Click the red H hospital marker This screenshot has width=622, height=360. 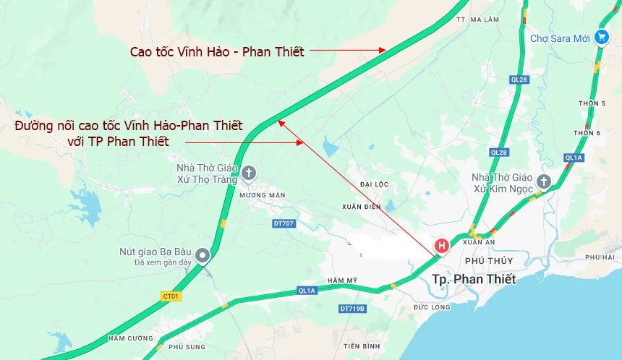point(440,246)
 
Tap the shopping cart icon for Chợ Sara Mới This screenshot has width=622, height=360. point(601,38)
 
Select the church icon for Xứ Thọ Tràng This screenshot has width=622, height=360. point(249,173)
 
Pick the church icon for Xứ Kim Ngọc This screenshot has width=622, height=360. point(544,182)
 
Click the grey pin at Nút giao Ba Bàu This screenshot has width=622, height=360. point(203,255)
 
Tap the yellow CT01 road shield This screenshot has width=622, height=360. point(171,296)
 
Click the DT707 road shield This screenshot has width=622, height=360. point(284,223)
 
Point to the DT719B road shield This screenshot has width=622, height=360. point(352,309)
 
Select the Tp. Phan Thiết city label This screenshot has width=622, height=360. point(474,279)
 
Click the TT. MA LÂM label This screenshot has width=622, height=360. point(474,20)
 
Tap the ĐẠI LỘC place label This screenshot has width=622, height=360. point(375,184)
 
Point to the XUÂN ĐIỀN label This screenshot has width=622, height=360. point(362,207)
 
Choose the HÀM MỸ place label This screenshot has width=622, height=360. point(342,280)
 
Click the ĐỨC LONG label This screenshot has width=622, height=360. point(432,307)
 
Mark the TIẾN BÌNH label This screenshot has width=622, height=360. point(362,346)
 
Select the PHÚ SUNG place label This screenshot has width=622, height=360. point(187,347)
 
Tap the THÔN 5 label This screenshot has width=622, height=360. point(592,103)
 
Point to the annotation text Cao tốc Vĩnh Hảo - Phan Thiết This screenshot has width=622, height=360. point(217,51)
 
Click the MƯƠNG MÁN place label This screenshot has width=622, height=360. point(261,195)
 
